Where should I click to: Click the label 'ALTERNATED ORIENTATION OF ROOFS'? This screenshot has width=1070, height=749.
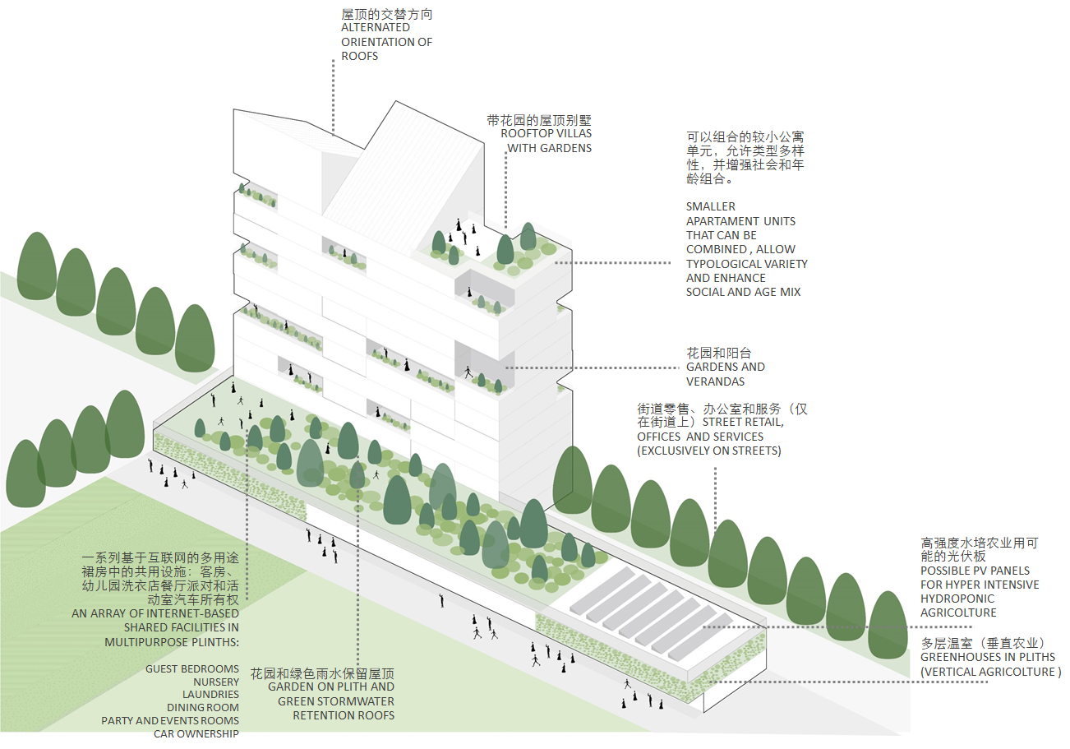click(386, 42)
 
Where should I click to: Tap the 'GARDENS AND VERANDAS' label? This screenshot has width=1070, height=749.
click(725, 374)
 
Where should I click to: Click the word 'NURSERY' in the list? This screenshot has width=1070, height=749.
click(216, 682)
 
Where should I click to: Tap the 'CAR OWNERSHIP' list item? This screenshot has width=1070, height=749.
click(196, 733)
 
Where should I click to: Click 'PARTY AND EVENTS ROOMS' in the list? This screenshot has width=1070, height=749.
click(170, 720)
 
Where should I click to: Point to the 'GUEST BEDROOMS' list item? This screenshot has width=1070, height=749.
click(192, 668)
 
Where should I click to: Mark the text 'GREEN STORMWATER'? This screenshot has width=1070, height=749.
click(335, 701)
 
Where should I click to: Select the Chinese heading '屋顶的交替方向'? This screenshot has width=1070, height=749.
click(386, 14)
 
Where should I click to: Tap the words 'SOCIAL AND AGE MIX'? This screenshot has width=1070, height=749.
click(743, 292)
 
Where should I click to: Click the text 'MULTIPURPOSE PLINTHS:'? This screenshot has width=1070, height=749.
click(172, 641)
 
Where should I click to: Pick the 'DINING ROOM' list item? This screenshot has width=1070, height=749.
click(203, 707)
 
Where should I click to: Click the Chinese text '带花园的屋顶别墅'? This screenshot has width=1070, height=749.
click(538, 119)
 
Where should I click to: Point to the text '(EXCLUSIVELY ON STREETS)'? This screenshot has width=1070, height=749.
click(708, 451)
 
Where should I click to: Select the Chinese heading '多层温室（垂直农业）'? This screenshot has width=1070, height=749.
click(982, 642)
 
